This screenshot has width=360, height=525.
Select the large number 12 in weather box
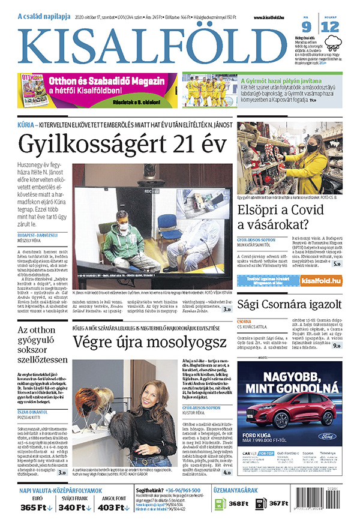[332, 26]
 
